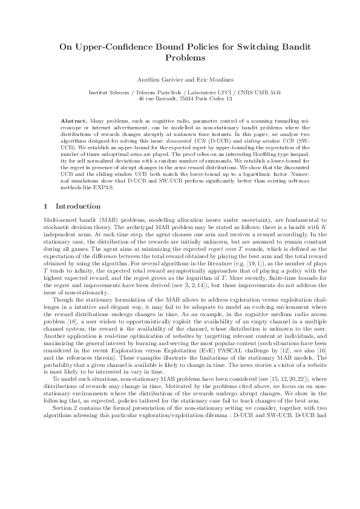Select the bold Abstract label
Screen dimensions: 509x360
point(73,121)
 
